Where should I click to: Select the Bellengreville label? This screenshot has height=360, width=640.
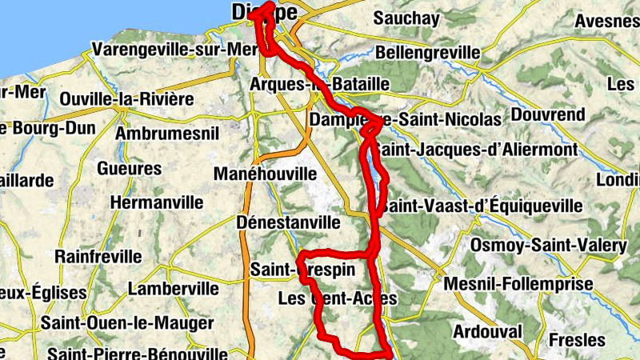[x=428, y=53]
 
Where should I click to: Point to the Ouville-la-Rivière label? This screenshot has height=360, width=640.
[x=127, y=99]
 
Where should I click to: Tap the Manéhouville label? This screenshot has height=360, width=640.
[x=265, y=174]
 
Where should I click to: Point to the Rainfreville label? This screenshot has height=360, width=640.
[x=98, y=257]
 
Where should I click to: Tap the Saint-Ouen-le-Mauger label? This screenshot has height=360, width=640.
[x=128, y=323]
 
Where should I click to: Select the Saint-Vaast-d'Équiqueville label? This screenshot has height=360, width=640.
[x=481, y=206]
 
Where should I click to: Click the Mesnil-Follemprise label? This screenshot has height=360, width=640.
[x=518, y=284]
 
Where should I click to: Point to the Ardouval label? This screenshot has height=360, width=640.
[x=487, y=331]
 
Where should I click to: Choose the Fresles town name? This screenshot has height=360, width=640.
[x=578, y=340]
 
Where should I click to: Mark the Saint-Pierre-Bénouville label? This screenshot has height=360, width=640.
[x=138, y=353]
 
